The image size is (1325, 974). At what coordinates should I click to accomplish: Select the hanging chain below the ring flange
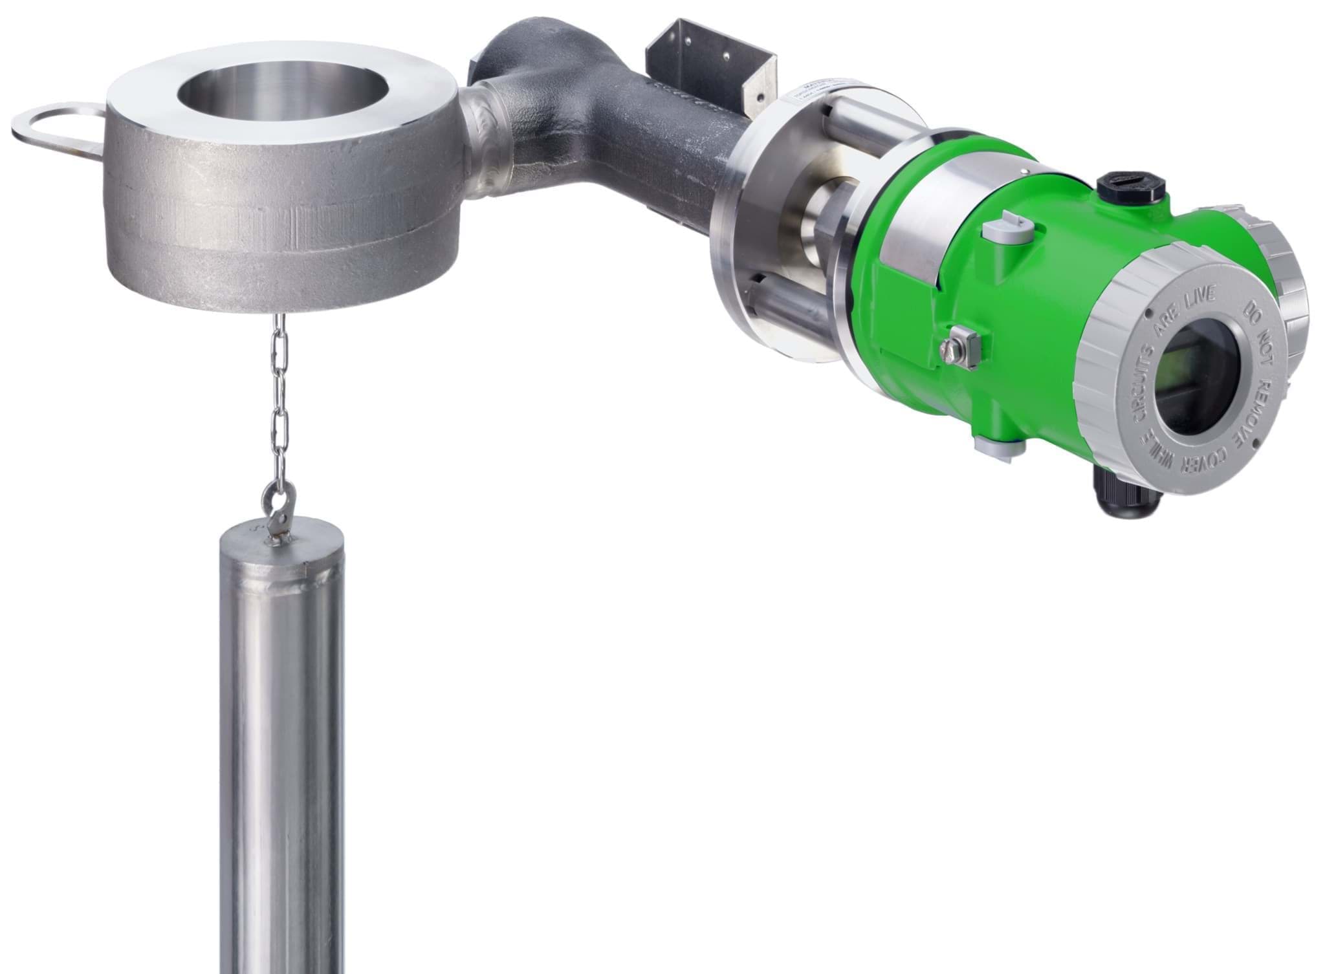[278, 401]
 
